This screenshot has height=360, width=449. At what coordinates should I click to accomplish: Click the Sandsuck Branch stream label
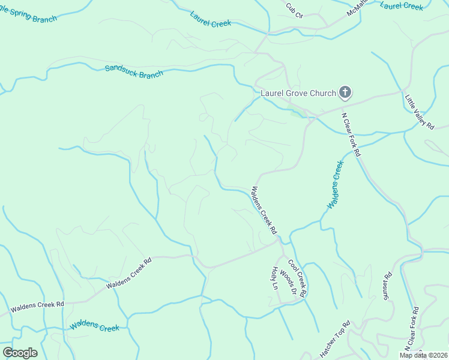(x=134, y=72)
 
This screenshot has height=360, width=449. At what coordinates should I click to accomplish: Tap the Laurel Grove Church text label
(x=297, y=93)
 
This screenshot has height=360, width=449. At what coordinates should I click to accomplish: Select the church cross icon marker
(x=345, y=92)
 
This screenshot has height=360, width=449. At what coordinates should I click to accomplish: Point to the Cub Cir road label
(x=295, y=10)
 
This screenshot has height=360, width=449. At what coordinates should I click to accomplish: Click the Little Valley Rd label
(x=419, y=112)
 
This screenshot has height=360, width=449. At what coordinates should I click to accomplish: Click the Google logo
(x=20, y=353)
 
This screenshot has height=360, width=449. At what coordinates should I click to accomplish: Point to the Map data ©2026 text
(x=423, y=355)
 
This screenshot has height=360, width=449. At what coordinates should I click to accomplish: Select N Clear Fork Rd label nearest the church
(x=351, y=134)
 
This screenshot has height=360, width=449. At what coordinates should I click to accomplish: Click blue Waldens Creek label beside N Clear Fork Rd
(x=335, y=184)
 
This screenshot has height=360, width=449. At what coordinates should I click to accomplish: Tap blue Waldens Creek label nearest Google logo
(x=94, y=326)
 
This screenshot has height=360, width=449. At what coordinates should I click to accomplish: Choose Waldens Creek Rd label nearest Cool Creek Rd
(x=264, y=211)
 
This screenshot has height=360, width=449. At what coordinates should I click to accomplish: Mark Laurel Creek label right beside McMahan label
(x=402, y=5)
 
